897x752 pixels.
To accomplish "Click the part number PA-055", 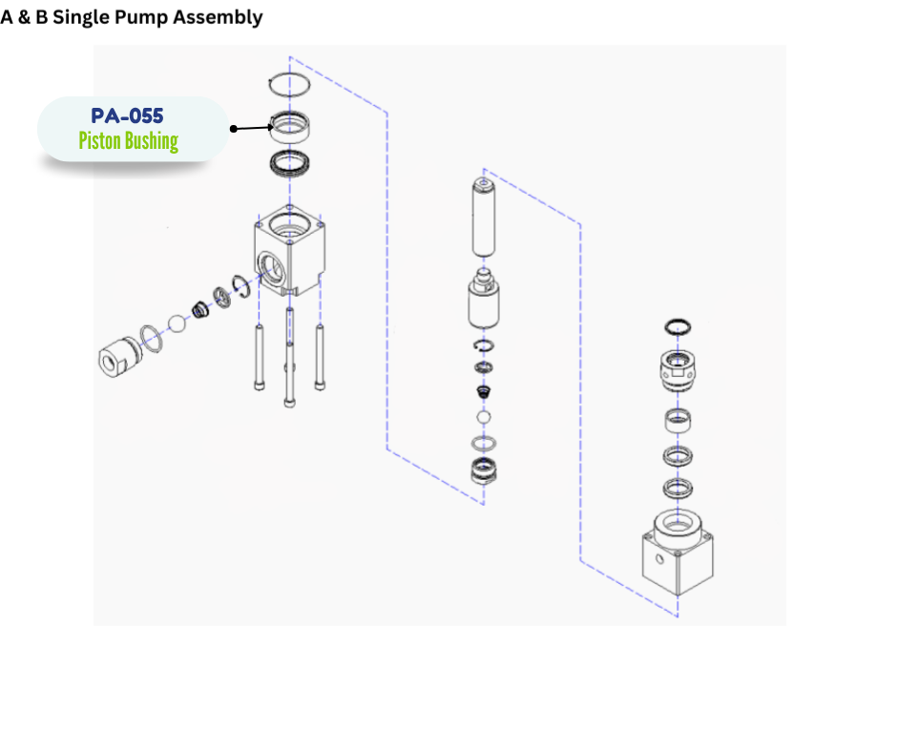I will [127, 115].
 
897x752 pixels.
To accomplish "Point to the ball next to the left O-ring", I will [177, 324].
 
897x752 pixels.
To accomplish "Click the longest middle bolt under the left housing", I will [288, 363].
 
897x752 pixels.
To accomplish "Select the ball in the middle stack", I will [484, 419].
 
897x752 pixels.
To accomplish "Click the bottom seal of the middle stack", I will [484, 470].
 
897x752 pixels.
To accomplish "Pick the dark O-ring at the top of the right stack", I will [678, 326].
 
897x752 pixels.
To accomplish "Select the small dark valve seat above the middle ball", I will [484, 392].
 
